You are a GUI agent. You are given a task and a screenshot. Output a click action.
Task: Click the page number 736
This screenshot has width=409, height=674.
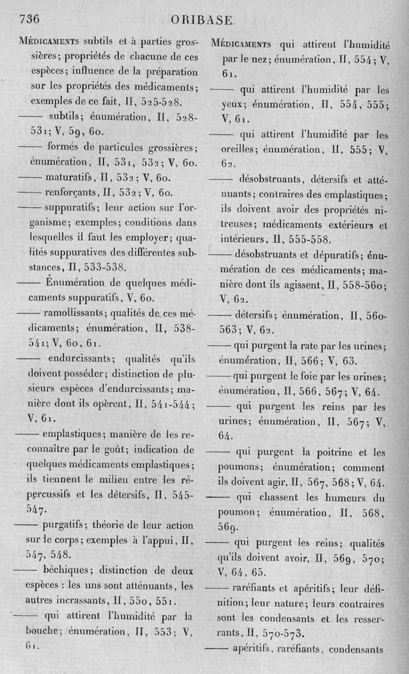[29, 19]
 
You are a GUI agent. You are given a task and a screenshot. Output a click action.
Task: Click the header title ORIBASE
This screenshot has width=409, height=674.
[203, 21]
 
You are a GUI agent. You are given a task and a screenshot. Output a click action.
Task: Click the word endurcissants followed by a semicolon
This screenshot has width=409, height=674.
[82, 357]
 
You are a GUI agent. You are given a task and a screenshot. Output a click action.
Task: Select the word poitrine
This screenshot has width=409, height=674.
[325, 452]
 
